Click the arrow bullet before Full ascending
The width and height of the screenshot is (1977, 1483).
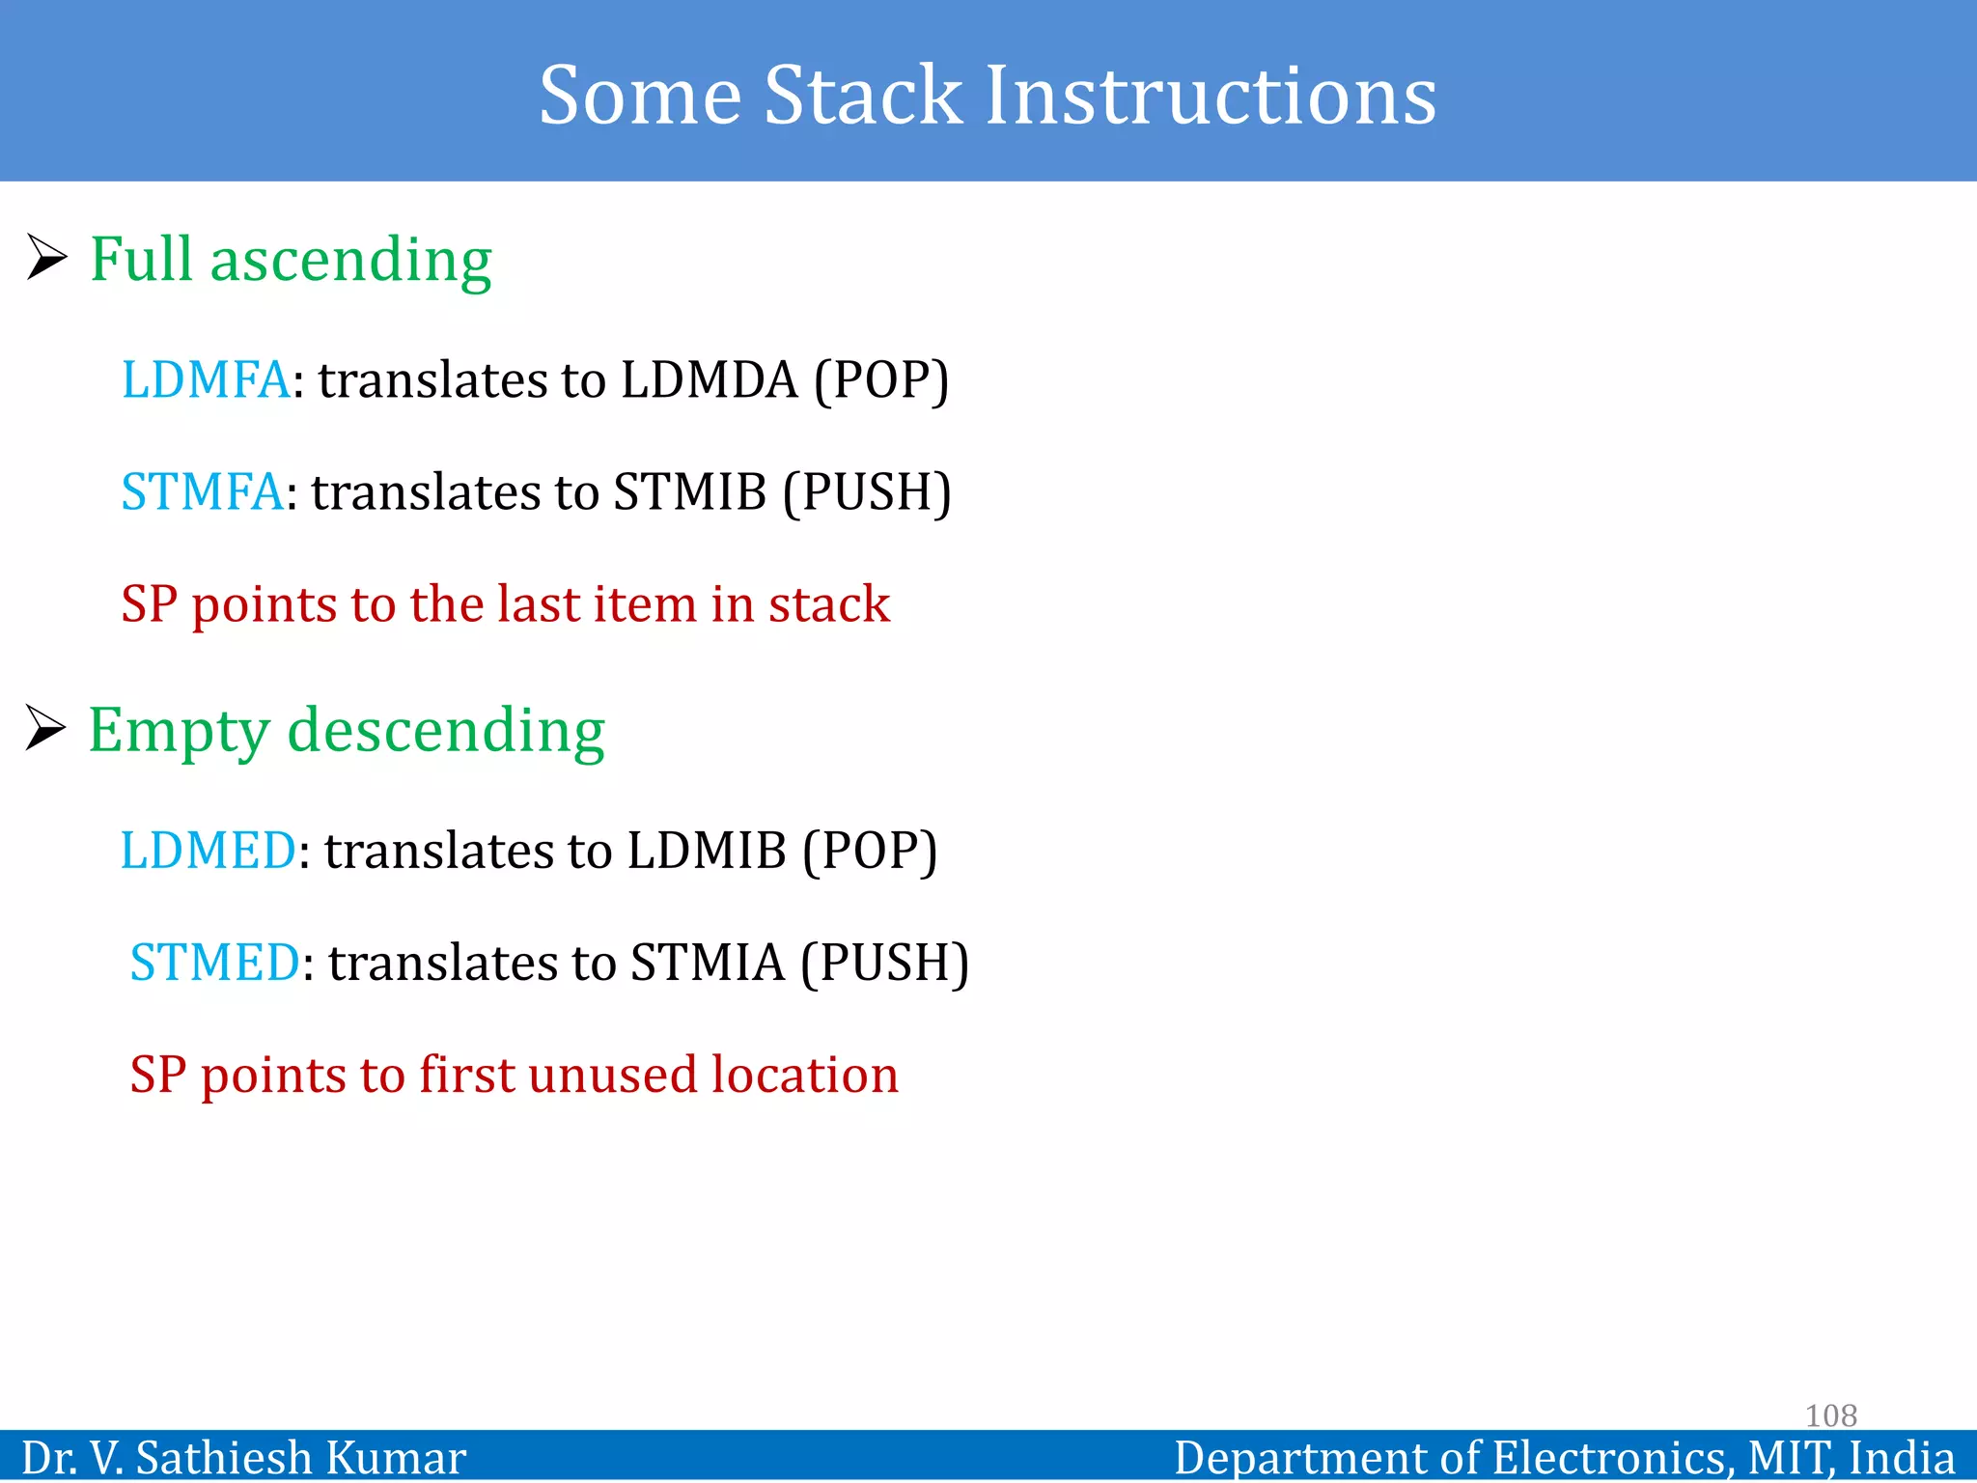pyautogui.click(x=46, y=258)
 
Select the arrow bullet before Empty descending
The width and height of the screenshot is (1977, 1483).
pyautogui.click(x=45, y=728)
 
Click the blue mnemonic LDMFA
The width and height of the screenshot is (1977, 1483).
pyautogui.click(x=205, y=379)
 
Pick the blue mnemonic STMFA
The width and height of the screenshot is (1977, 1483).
pyautogui.click(x=202, y=491)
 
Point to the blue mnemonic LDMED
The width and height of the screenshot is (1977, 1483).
pyautogui.click(x=208, y=851)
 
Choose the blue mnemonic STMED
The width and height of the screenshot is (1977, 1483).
pyautogui.click(x=214, y=963)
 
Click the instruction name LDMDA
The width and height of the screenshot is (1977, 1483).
pyautogui.click(x=709, y=379)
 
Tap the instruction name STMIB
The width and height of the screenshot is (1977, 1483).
pyautogui.click(x=689, y=491)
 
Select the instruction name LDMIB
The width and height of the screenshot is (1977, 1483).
pyautogui.click(x=707, y=851)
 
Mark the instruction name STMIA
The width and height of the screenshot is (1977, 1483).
pyautogui.click(x=708, y=963)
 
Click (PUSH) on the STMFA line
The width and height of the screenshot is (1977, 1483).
pyautogui.click(x=867, y=491)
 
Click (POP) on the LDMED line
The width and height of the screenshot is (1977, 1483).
pyautogui.click(x=870, y=851)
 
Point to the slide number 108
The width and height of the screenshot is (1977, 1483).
pyautogui.click(x=1830, y=1415)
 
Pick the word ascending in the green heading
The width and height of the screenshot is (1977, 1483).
pyautogui.click(x=350, y=260)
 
